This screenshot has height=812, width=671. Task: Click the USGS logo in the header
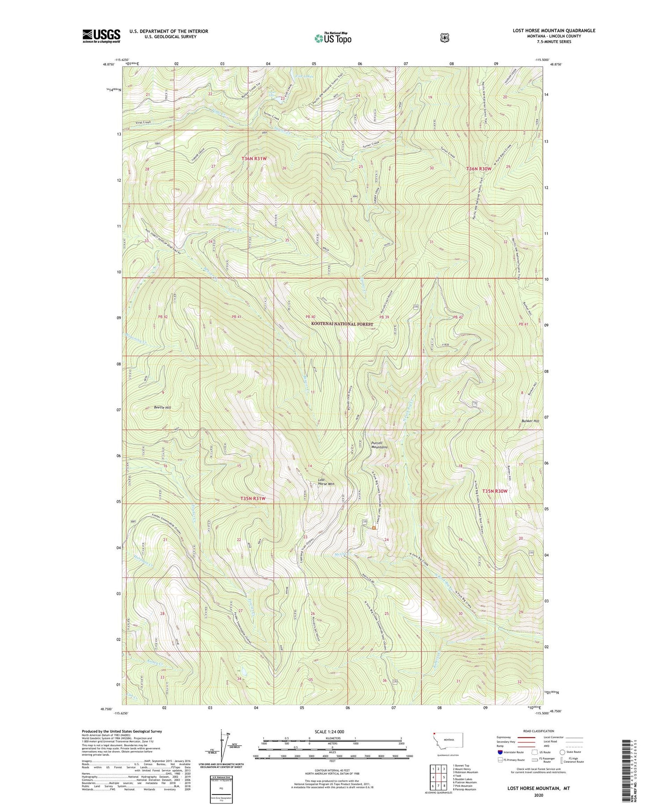[x=101, y=36]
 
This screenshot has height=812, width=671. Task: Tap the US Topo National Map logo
[x=333, y=38]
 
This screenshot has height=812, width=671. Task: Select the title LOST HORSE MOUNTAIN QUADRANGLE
[x=554, y=31]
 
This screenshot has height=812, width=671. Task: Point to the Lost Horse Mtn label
[x=326, y=482]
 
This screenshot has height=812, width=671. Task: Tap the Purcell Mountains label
[x=379, y=445]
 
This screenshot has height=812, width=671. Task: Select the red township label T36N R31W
[x=254, y=159]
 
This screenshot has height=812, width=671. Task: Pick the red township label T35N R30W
[x=495, y=491]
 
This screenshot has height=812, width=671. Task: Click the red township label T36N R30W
[x=479, y=169]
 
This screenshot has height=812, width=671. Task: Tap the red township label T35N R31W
[x=253, y=498]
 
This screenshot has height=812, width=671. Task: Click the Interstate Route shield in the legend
[x=500, y=752]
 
